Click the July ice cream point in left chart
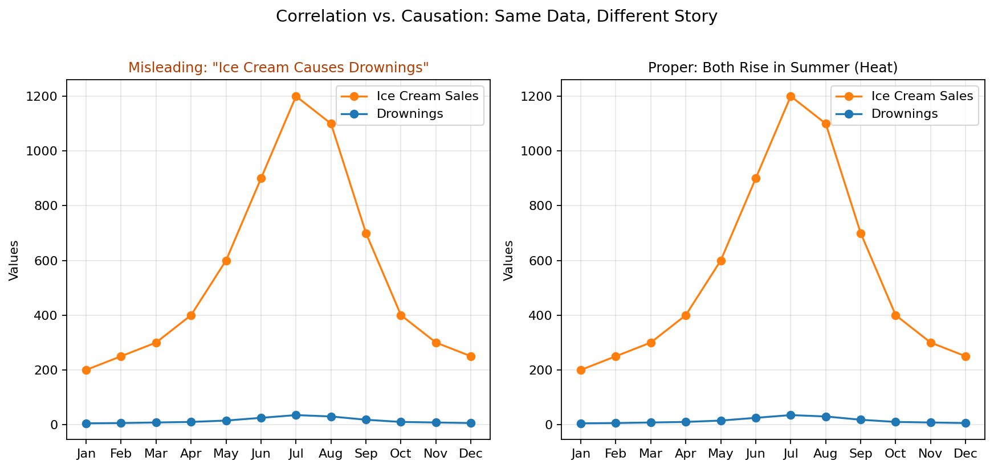(296, 96)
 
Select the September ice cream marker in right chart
(861, 233)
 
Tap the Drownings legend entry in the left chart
(409, 114)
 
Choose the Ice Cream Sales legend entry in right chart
(922, 96)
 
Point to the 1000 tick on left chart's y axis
(47, 151)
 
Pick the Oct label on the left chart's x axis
(401, 454)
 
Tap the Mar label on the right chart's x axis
(651, 454)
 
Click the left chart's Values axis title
(14, 260)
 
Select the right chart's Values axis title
(509, 260)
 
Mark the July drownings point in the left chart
(296, 415)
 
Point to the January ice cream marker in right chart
(581, 370)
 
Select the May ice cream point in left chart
(226, 261)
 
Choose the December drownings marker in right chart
(966, 423)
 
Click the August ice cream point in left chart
(331, 124)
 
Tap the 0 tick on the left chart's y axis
(54, 425)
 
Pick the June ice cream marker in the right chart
(756, 178)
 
